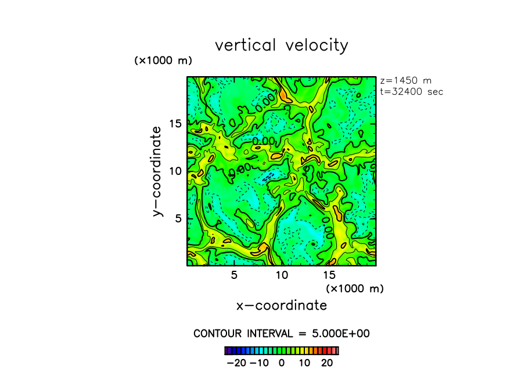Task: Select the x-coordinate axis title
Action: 281,305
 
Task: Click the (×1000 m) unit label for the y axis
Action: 163,60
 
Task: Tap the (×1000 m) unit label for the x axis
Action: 355,288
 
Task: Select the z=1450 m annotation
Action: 405,81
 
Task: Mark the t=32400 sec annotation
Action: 412,91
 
